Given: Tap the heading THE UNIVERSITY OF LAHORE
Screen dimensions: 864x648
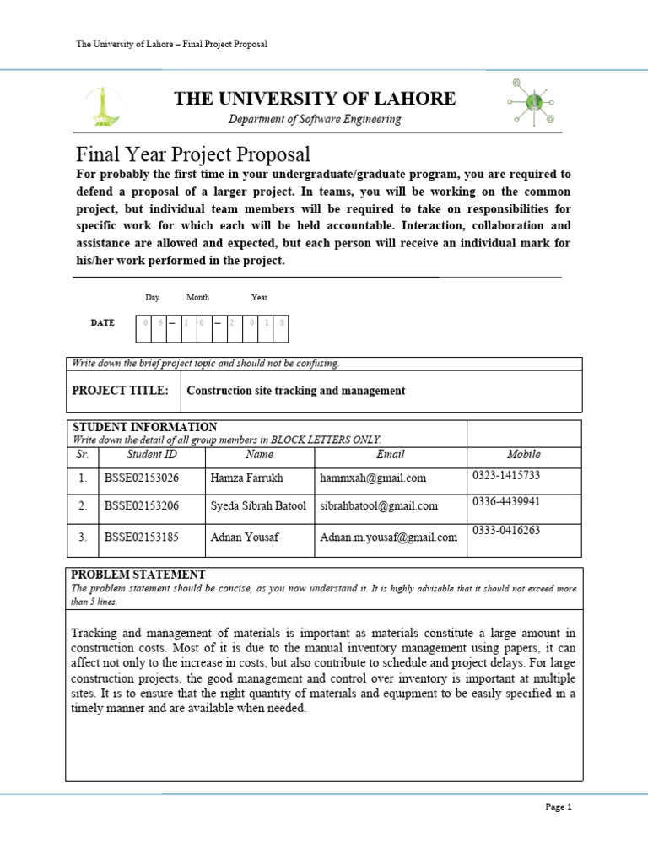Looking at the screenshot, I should point(315,99).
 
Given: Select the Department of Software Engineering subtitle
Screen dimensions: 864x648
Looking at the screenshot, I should point(315,120).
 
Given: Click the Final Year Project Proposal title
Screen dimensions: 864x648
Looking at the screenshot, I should point(193,154).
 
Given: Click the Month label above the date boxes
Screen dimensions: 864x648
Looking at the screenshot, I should point(197,298).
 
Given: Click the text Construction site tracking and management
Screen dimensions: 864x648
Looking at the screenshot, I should point(295,391).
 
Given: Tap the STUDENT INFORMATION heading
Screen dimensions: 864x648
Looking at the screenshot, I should point(145,427).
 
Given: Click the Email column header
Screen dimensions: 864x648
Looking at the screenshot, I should point(391,455).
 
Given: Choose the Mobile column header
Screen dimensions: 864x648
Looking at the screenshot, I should point(523,454).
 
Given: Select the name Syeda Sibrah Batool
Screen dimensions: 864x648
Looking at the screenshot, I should point(258,506).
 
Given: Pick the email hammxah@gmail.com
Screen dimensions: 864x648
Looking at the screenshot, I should point(373,478).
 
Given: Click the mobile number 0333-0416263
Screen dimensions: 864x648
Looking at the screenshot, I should point(506,531).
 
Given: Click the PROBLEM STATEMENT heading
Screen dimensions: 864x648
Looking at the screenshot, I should point(138,575).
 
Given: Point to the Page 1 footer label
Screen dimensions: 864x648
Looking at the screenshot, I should point(559,807).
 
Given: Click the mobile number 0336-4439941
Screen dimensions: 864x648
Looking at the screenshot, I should point(506,501).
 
